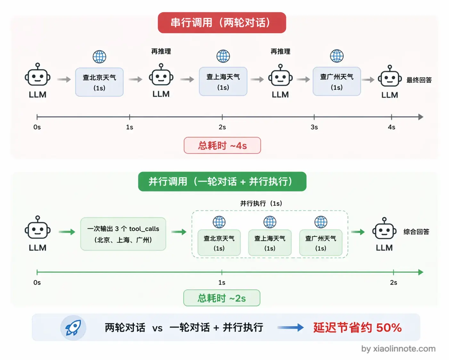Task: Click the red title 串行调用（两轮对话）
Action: point(222,23)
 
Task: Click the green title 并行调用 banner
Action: point(222,182)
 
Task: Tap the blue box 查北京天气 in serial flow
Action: point(99,82)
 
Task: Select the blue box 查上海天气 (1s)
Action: point(223,81)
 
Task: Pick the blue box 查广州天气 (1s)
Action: point(337,81)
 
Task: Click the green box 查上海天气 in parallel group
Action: point(270,243)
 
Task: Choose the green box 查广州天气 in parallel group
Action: point(321,243)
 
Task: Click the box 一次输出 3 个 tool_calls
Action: point(123,234)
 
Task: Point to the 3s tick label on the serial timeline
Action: point(314,127)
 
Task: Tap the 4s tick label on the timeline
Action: point(391,127)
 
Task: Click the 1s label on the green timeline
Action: point(222,283)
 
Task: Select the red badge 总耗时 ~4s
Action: point(222,146)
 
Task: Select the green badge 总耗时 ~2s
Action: point(222,298)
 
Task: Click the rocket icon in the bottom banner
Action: point(73,328)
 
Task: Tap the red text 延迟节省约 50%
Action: point(357,328)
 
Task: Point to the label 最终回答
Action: point(419,80)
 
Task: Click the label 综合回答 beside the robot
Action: point(416,232)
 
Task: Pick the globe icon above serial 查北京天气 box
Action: point(99,57)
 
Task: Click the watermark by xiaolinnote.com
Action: point(398,349)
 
